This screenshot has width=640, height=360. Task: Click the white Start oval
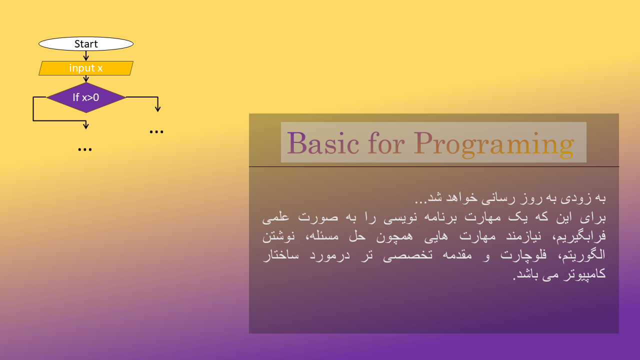[86, 43]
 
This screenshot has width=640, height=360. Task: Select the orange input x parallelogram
[86, 68]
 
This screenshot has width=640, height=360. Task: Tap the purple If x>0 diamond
[86, 97]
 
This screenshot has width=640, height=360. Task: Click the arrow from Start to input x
[86, 56]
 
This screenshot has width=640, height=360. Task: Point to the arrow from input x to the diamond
[86, 79]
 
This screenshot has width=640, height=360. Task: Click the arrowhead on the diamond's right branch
[157, 109]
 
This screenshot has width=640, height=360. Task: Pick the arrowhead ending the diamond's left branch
[85, 125]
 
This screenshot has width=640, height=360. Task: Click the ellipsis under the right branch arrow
[156, 131]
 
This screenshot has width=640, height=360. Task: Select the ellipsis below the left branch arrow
[85, 149]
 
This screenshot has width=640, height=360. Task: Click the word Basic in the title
[323, 143]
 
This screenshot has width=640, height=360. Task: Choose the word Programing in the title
[494, 144]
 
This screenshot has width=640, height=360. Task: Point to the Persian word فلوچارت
[523, 255]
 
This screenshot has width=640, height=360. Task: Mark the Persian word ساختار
[281, 255]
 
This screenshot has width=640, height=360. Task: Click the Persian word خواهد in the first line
[461, 197]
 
